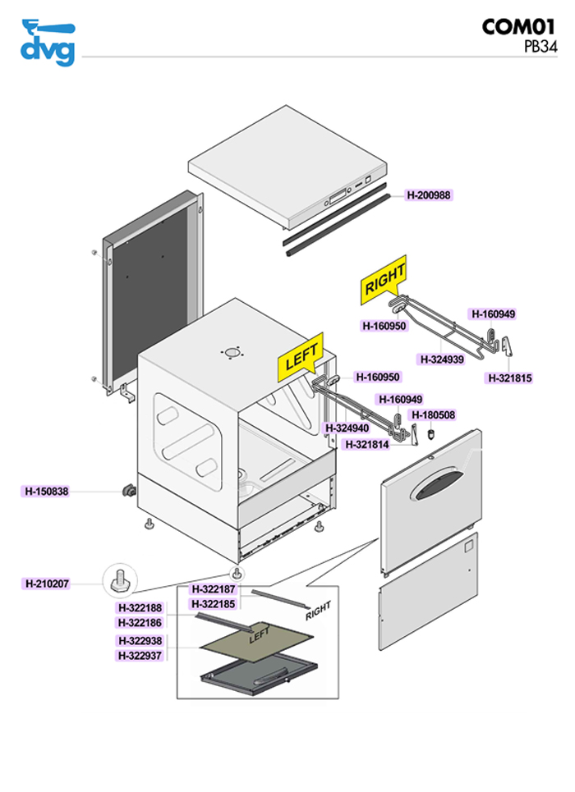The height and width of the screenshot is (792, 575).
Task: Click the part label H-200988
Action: click(430, 195)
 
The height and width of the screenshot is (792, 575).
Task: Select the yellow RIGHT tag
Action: click(384, 279)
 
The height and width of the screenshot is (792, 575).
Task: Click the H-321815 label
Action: click(509, 378)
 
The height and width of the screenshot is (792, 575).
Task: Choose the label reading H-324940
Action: click(347, 428)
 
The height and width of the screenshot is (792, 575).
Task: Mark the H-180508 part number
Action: click(433, 415)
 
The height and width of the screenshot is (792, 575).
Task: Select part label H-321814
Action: click(367, 444)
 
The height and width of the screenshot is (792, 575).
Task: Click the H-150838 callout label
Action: click(46, 492)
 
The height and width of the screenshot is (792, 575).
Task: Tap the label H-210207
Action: click(47, 584)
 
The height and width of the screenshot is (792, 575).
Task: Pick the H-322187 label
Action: click(213, 589)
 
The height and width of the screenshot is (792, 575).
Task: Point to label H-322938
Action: click(140, 641)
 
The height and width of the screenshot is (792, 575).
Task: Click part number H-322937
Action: click(140, 655)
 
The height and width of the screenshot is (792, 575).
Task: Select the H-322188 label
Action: click(140, 608)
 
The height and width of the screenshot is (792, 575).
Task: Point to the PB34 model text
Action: click(540, 47)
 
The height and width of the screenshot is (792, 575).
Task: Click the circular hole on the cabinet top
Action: click(233, 353)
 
